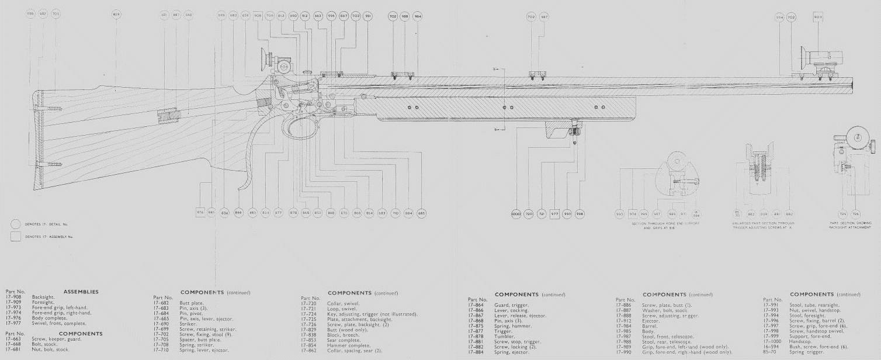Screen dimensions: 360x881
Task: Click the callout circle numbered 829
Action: (116, 13)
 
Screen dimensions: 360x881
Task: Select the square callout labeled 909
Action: (818, 17)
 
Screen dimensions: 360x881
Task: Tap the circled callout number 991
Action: (367, 16)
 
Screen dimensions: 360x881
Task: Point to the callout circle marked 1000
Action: (516, 213)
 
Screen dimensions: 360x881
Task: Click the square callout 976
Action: (200, 213)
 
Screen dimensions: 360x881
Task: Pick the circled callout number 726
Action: (856, 214)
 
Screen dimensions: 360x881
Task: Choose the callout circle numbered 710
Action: (396, 213)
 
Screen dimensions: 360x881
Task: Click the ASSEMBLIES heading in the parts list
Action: (81, 292)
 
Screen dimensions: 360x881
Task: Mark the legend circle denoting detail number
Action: (16, 224)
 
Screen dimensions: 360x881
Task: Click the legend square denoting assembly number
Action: (16, 237)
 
